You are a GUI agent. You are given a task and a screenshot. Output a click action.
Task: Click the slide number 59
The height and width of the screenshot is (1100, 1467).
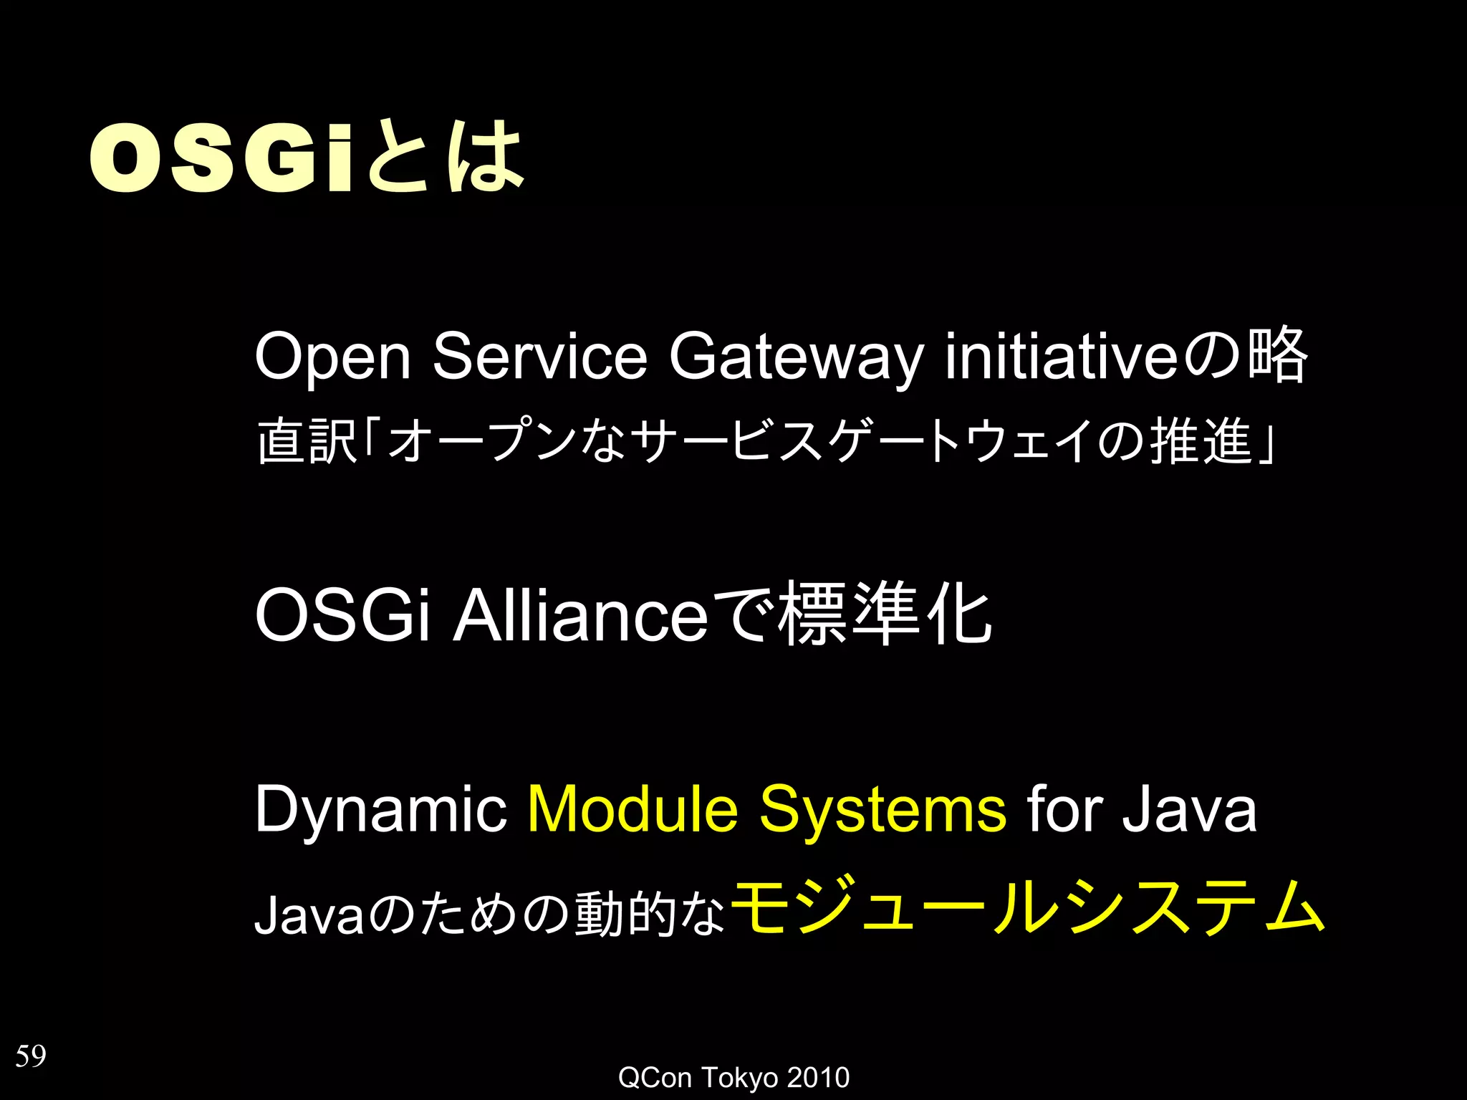point(31,1056)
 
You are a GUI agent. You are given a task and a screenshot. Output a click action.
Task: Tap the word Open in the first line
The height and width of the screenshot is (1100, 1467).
point(332,357)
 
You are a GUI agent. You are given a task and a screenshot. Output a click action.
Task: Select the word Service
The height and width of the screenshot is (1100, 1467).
point(539,357)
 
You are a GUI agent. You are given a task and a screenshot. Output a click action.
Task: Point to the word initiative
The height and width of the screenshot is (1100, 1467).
point(1060,357)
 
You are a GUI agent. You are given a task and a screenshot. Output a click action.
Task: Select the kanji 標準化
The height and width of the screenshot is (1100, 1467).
point(885,614)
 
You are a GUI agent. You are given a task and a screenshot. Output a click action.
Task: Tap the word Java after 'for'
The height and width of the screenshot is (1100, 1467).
point(1189,809)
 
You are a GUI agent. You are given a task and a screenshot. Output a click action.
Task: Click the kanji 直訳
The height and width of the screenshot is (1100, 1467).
point(307,441)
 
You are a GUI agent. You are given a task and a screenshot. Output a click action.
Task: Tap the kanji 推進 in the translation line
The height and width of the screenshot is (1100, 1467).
point(1201,441)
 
